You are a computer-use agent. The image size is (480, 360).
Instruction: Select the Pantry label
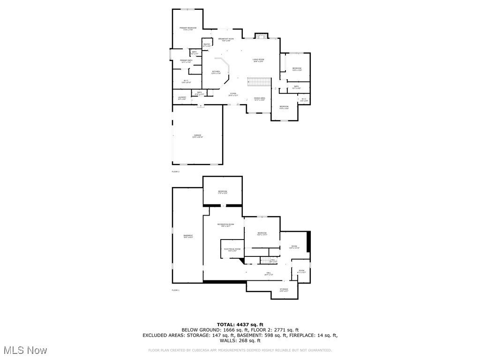[207, 45]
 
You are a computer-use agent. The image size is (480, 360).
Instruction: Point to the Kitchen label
[216, 72]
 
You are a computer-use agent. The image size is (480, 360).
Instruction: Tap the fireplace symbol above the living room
[260, 36]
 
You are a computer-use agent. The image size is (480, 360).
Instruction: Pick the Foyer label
[233, 94]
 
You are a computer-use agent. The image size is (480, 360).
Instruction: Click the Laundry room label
[182, 98]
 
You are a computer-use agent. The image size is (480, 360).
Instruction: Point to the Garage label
[198, 136]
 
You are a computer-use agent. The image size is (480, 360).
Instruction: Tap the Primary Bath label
[186, 61]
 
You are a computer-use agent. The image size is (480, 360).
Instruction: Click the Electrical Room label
[232, 249]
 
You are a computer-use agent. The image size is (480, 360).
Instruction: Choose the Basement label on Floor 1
[188, 236]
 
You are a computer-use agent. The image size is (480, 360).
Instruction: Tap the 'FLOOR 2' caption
[175, 172]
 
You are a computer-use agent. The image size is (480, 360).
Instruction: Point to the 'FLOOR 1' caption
[175, 291]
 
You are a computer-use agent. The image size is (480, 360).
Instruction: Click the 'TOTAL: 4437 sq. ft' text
[240, 324]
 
